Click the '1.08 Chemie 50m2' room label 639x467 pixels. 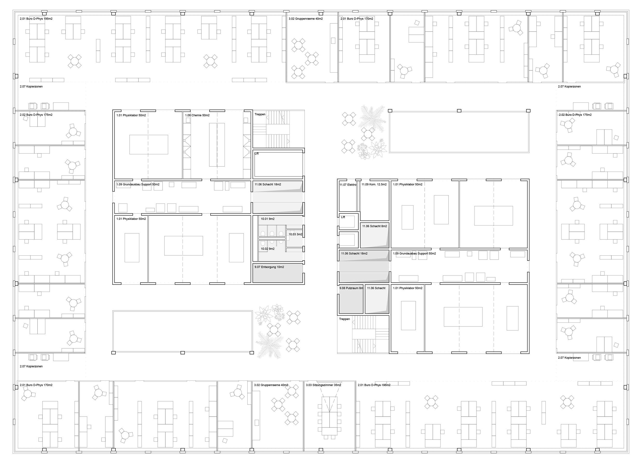[x=197, y=115]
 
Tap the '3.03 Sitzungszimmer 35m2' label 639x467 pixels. [x=323, y=385]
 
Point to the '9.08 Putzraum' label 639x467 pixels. [x=349, y=288]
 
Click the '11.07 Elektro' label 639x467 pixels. [x=348, y=185]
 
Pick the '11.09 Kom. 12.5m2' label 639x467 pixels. [x=374, y=184]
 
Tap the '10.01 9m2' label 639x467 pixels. [x=267, y=219]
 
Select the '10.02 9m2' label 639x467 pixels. [x=267, y=249]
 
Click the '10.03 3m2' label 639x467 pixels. [x=295, y=234]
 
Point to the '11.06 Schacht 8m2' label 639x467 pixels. [x=374, y=226]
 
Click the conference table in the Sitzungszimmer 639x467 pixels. [x=329, y=416]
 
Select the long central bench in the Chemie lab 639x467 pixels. [x=217, y=145]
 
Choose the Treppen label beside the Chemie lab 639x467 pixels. [x=260, y=114]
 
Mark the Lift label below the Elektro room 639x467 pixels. [x=343, y=217]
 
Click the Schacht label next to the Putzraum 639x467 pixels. [x=376, y=288]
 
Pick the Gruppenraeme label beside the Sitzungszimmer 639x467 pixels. [x=271, y=385]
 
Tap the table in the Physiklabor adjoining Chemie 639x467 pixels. [x=149, y=144]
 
